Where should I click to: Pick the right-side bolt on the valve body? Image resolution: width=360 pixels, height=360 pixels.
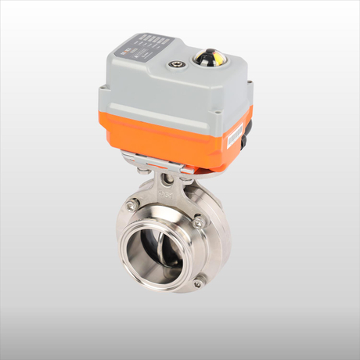pyautogui.click(x=198, y=223)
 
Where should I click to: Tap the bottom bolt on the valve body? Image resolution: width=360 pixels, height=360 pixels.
pyautogui.click(x=197, y=283)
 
